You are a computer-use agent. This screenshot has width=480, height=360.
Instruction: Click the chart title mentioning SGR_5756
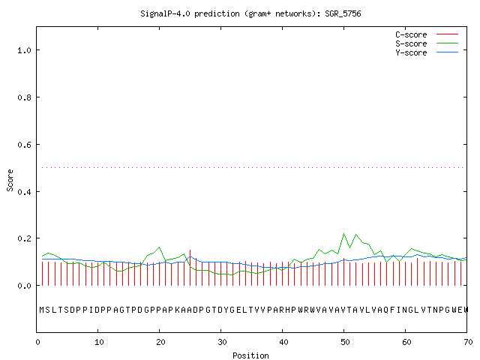pyautogui.click(x=250, y=13)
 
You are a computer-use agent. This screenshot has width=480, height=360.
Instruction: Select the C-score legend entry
pyautogui.click(x=427, y=34)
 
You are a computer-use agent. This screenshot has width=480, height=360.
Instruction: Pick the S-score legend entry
pyautogui.click(x=427, y=43)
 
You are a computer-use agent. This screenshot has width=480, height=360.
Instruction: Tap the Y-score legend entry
pyautogui.click(x=427, y=52)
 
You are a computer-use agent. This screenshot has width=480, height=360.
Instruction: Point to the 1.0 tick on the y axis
pyautogui.click(x=25, y=50)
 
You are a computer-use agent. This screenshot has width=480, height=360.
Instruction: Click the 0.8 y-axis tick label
pyautogui.click(x=25, y=97)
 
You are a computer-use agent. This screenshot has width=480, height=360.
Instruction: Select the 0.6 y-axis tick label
pyautogui.click(x=25, y=145)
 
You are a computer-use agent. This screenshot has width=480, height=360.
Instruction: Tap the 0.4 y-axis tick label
pyautogui.click(x=25, y=192)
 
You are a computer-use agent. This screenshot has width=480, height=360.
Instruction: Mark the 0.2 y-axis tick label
pyautogui.click(x=25, y=238)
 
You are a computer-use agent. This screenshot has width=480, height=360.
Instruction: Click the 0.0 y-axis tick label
pyautogui.click(x=25, y=286)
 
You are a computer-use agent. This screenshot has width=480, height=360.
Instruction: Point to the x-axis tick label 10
pyautogui.click(x=99, y=342)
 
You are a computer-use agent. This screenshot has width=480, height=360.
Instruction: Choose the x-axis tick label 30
pyautogui.click(x=222, y=342)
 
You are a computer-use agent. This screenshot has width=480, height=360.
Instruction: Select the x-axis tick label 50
pyautogui.click(x=345, y=342)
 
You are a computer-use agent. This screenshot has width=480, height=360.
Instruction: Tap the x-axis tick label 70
pyautogui.click(x=468, y=342)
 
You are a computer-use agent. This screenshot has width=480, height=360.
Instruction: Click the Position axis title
pyautogui.click(x=250, y=355)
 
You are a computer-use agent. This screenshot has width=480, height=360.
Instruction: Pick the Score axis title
pyautogui.click(x=10, y=180)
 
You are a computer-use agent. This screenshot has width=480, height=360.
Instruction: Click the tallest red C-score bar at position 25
pyautogui.click(x=190, y=268)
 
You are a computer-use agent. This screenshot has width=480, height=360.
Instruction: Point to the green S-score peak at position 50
pyautogui.click(x=343, y=233)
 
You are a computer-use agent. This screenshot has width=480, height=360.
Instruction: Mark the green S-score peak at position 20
pyautogui.click(x=159, y=247)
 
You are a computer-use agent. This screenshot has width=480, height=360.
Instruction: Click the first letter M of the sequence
pyautogui.click(x=42, y=310)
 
